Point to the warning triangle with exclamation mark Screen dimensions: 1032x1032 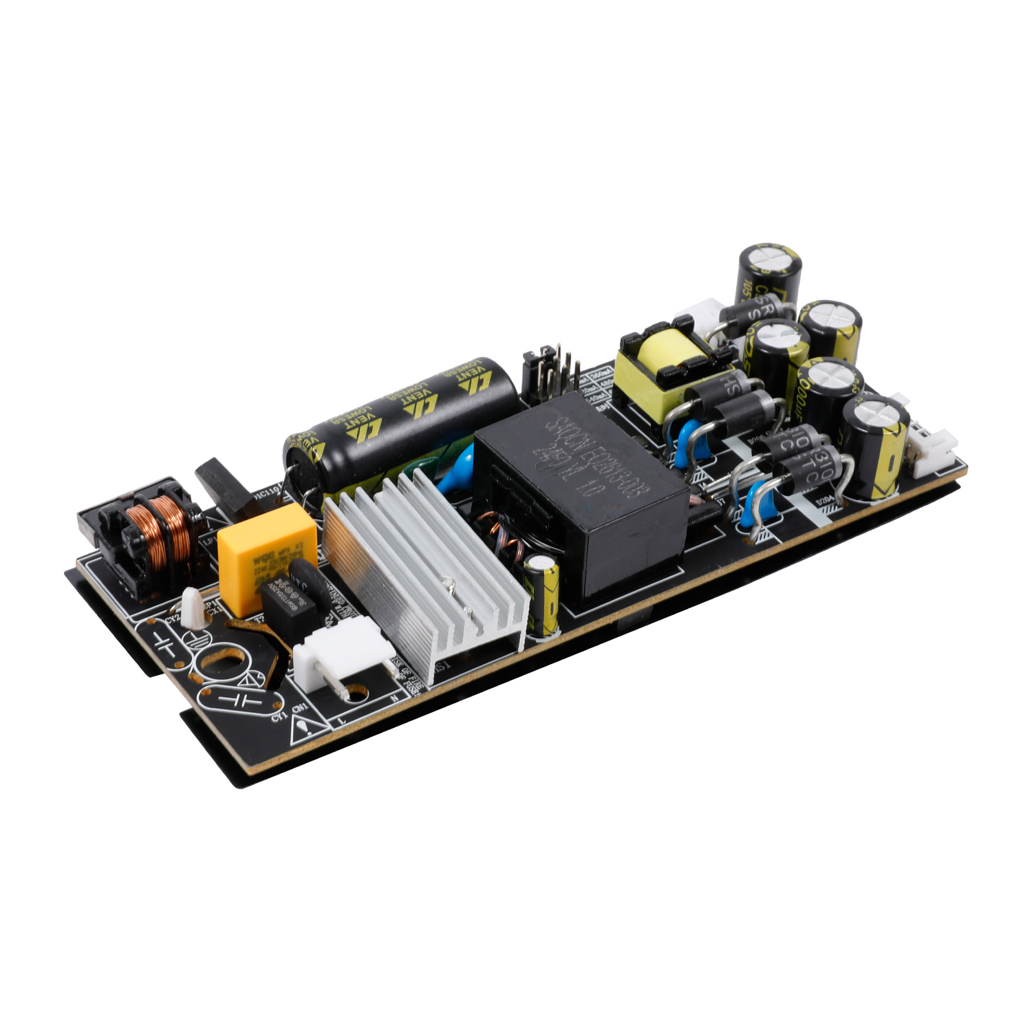click(x=303, y=728)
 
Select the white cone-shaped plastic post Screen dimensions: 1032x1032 click(x=192, y=607)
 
